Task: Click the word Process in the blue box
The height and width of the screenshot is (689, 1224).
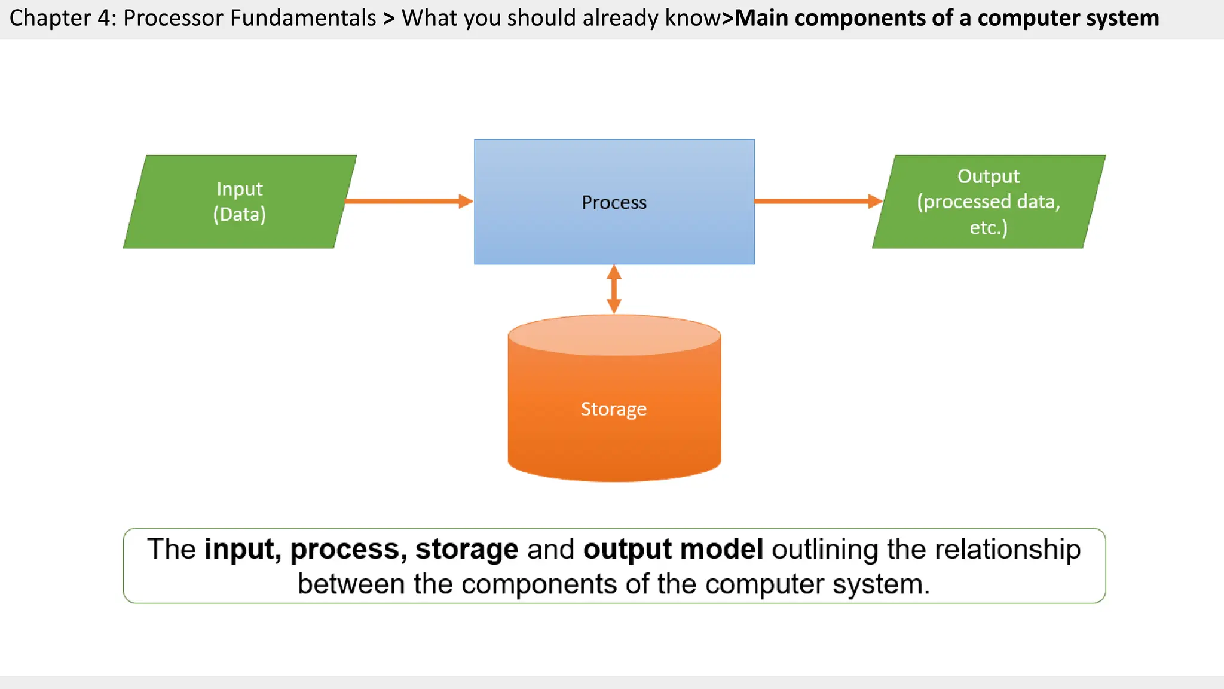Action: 614,203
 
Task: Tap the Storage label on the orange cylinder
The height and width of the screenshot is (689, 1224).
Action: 613,409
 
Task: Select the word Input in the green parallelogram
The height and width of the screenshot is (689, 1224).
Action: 239,189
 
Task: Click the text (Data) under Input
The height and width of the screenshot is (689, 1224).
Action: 239,214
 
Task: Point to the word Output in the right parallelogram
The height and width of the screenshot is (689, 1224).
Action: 988,176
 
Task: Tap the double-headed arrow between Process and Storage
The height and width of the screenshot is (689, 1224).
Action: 614,289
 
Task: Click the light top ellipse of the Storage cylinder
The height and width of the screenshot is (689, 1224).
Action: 614,335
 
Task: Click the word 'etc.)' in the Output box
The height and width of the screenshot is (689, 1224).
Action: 988,228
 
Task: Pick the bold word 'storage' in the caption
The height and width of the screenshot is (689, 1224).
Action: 467,549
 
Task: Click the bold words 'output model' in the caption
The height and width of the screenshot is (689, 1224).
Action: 673,549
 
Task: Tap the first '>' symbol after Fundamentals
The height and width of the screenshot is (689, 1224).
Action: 389,19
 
